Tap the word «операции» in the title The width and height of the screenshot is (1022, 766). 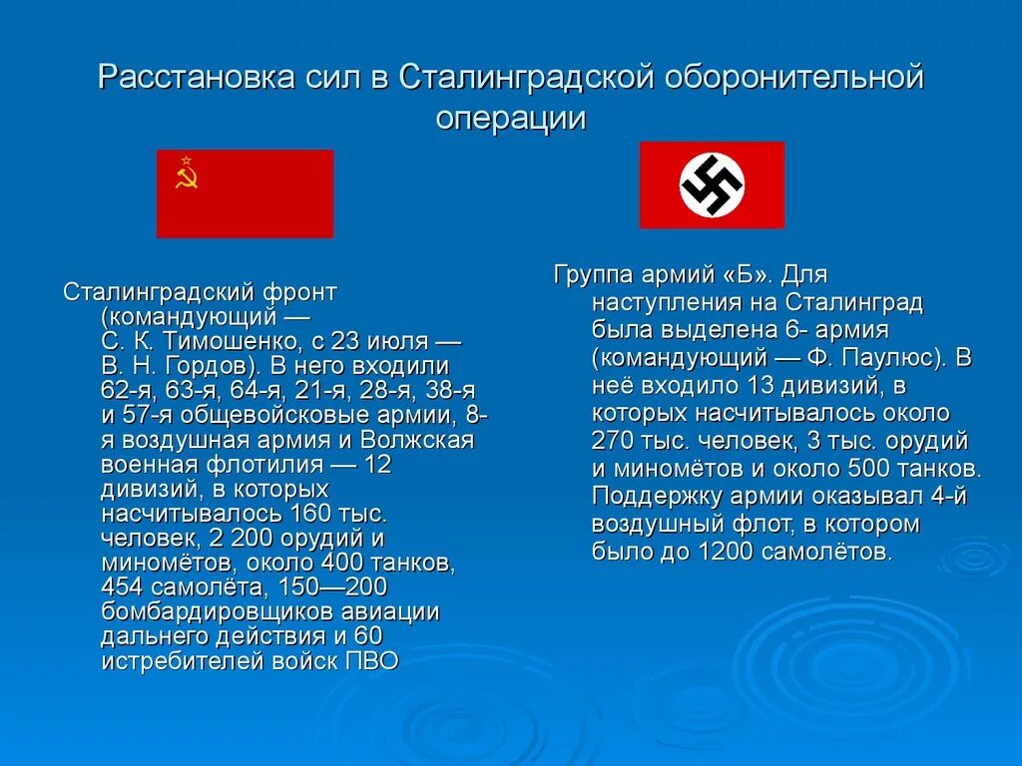pos(510,119)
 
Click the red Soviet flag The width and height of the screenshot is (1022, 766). pos(246,193)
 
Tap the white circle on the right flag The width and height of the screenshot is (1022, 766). pos(712,185)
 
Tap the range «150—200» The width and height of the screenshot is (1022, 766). pos(334,587)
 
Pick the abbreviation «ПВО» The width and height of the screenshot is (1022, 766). pos(370,659)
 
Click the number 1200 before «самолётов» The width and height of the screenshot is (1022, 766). pos(733,551)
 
